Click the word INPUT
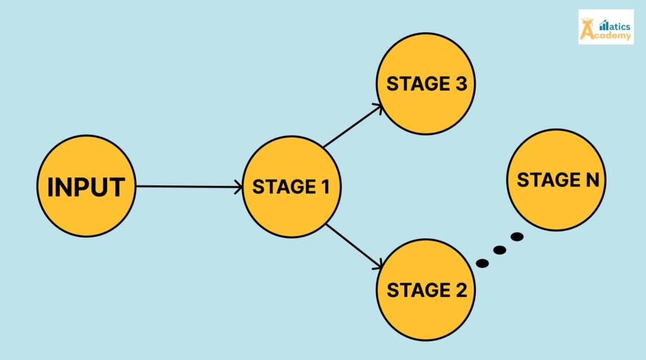pyautogui.click(x=86, y=187)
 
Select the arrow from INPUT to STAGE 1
pyautogui.click(x=189, y=187)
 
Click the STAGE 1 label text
pyautogui.click(x=292, y=187)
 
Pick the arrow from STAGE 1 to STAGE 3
pyautogui.click(x=351, y=127)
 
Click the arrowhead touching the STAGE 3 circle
pyautogui.click(x=378, y=108)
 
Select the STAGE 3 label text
pyautogui.click(x=426, y=84)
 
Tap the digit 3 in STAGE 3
pyautogui.click(x=461, y=84)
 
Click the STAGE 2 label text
pyautogui.click(x=426, y=290)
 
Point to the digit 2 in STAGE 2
pyautogui.click(x=461, y=290)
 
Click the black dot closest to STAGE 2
pyautogui.click(x=483, y=263)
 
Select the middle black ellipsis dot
pyautogui.click(x=500, y=250)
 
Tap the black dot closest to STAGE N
pyautogui.click(x=517, y=237)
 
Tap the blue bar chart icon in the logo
pyautogui.click(x=603, y=25)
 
